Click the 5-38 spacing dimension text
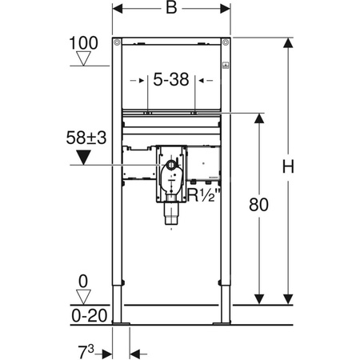click(170, 80)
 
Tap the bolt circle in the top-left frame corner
click(117, 42)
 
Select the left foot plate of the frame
click(121, 322)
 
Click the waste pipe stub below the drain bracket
click(170, 214)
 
